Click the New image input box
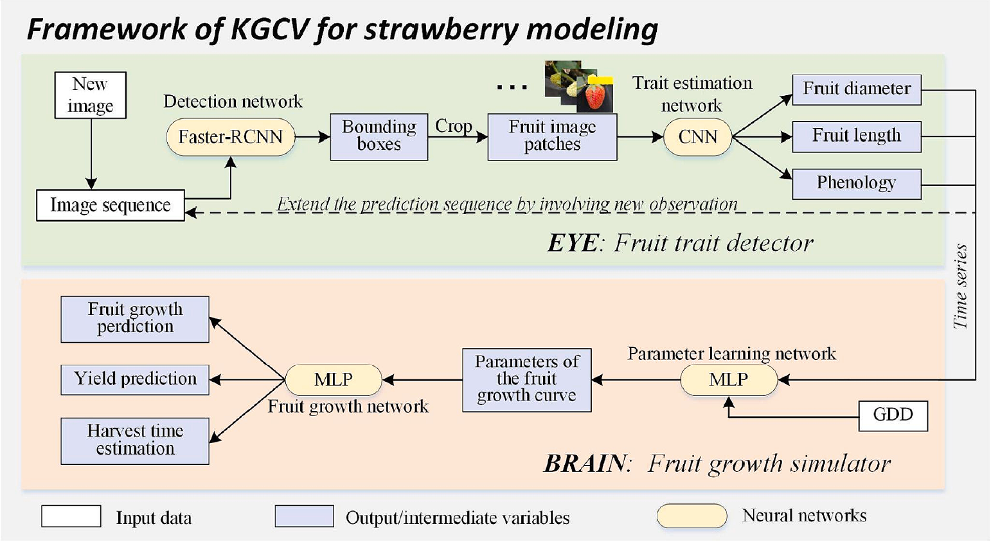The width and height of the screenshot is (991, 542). [x=90, y=95]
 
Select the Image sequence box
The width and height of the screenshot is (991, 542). [x=111, y=205]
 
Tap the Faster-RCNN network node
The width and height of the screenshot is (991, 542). [x=230, y=137]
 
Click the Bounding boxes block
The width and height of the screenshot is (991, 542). [x=379, y=136]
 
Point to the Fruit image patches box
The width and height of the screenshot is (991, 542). [x=552, y=136]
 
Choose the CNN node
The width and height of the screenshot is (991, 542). [x=698, y=137]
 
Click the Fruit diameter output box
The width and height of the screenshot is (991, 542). [x=856, y=89]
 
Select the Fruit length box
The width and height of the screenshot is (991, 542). [x=856, y=136]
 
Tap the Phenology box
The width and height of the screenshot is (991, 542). [x=856, y=183]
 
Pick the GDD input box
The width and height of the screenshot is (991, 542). [x=893, y=415]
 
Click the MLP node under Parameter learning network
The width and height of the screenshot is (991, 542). [x=728, y=380]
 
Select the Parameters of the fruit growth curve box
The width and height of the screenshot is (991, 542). [x=526, y=379]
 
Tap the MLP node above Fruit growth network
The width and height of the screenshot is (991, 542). [x=333, y=380]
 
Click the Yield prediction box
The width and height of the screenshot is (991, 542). [x=135, y=379]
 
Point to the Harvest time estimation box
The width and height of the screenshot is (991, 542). [x=135, y=440]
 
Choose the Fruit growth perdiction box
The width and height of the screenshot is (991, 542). [x=135, y=318]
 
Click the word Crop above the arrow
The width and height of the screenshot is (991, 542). [x=454, y=126]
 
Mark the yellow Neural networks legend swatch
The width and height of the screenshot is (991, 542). [x=692, y=516]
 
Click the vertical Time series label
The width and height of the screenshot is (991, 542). [x=960, y=286]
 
